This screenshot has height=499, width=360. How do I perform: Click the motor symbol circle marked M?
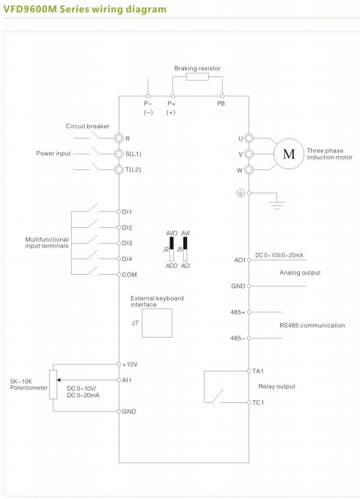pyautogui.click(x=288, y=154)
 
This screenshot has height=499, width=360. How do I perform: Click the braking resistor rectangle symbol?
pyautogui.click(x=196, y=76)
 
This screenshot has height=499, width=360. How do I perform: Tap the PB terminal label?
pyautogui.click(x=221, y=104)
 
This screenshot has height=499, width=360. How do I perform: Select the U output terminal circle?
pyautogui.click(x=249, y=138)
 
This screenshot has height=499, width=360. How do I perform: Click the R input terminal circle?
pyautogui.click(x=119, y=138)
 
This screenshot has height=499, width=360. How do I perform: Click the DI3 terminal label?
pyautogui.click(x=128, y=243)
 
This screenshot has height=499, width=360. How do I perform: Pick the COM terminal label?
pyautogui.click(x=131, y=275)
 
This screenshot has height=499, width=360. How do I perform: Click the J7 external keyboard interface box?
pyautogui.click(x=158, y=322)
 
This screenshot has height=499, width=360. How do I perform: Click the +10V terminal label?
pyautogui.click(x=131, y=364)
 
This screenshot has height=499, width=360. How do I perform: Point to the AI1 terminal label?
pyautogui.click(x=128, y=380)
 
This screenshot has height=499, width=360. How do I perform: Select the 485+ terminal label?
pyautogui.click(x=237, y=311)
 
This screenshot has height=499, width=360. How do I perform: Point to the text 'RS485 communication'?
pyautogui.click(x=312, y=325)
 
